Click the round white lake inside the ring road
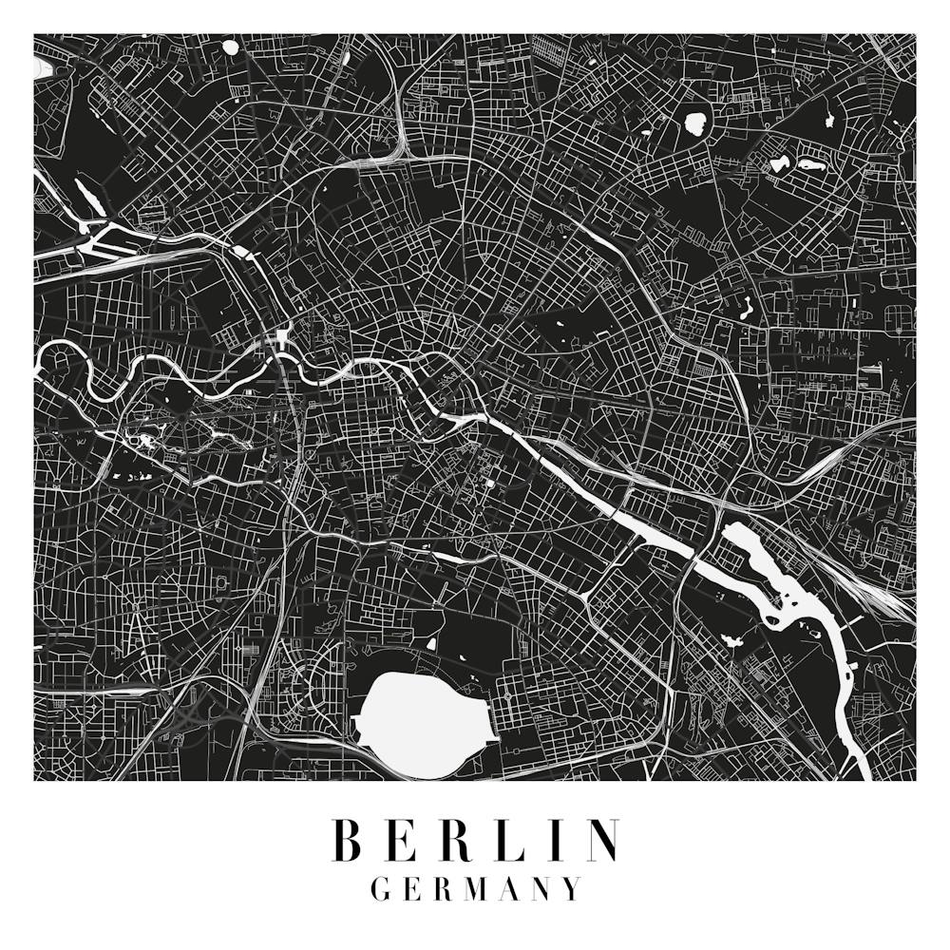(x=696, y=123)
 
